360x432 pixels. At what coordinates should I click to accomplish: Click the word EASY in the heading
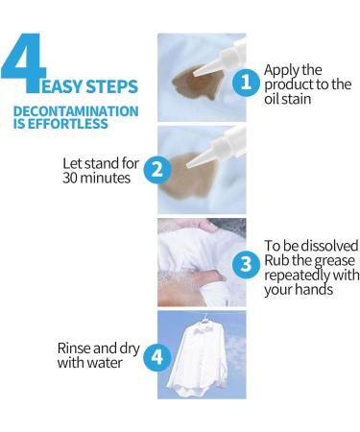74,84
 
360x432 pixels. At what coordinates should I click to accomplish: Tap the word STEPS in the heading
119,84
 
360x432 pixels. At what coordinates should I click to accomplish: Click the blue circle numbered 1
248,83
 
